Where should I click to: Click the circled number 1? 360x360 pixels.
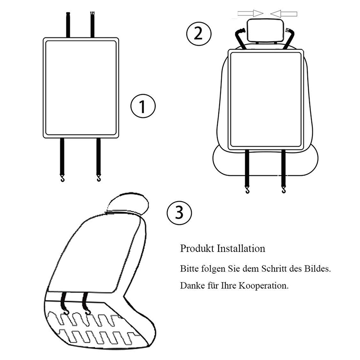(142, 107)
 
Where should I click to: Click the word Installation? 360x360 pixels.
(242, 248)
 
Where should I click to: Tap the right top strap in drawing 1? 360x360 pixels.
(93, 24)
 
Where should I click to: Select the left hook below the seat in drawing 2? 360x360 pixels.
(247, 190)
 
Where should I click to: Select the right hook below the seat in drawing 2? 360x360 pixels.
(283, 190)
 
